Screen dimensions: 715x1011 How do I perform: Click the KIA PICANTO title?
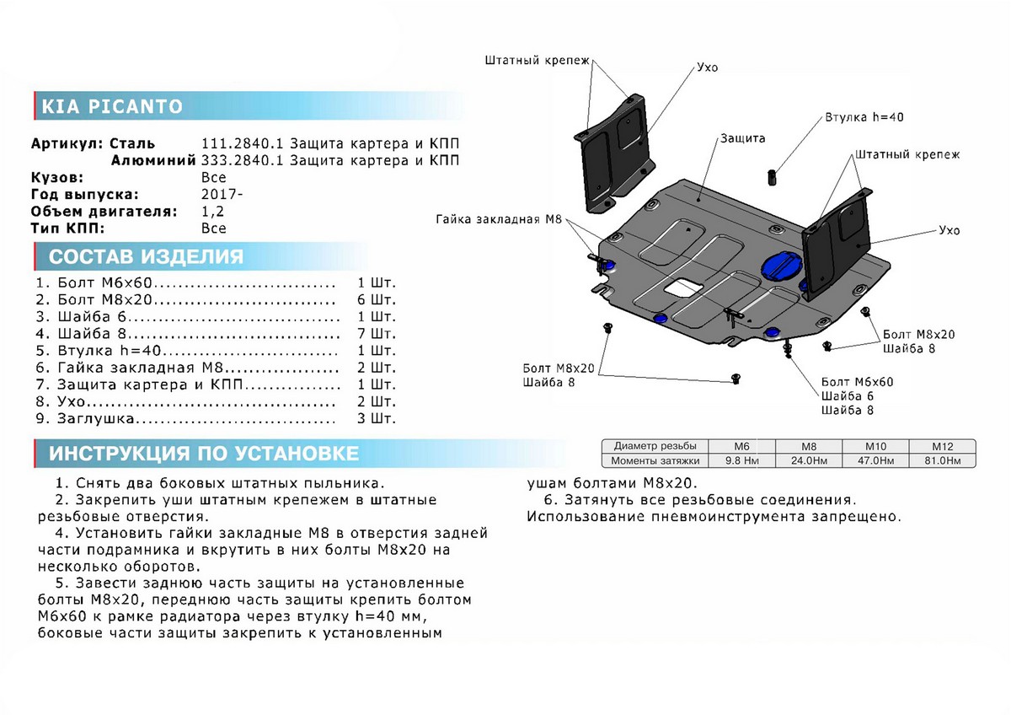click(112, 106)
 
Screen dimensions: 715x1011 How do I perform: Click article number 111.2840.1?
click(237, 143)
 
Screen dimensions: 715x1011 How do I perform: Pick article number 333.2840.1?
click(237, 160)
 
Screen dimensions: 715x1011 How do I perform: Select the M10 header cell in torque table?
click(876, 446)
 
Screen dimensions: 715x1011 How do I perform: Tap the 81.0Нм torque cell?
click(942, 460)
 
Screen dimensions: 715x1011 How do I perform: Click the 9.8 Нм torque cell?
click(742, 460)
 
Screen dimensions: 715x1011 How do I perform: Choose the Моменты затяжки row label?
click(655, 460)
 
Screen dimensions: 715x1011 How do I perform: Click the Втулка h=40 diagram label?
click(864, 117)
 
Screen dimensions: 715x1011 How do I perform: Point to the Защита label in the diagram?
click(742, 137)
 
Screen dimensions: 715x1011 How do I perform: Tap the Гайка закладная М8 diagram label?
click(498, 219)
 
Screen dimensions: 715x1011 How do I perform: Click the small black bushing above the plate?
click(769, 176)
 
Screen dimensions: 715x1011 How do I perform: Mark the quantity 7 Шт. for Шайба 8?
click(376, 333)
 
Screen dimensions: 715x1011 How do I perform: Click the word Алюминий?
click(154, 160)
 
